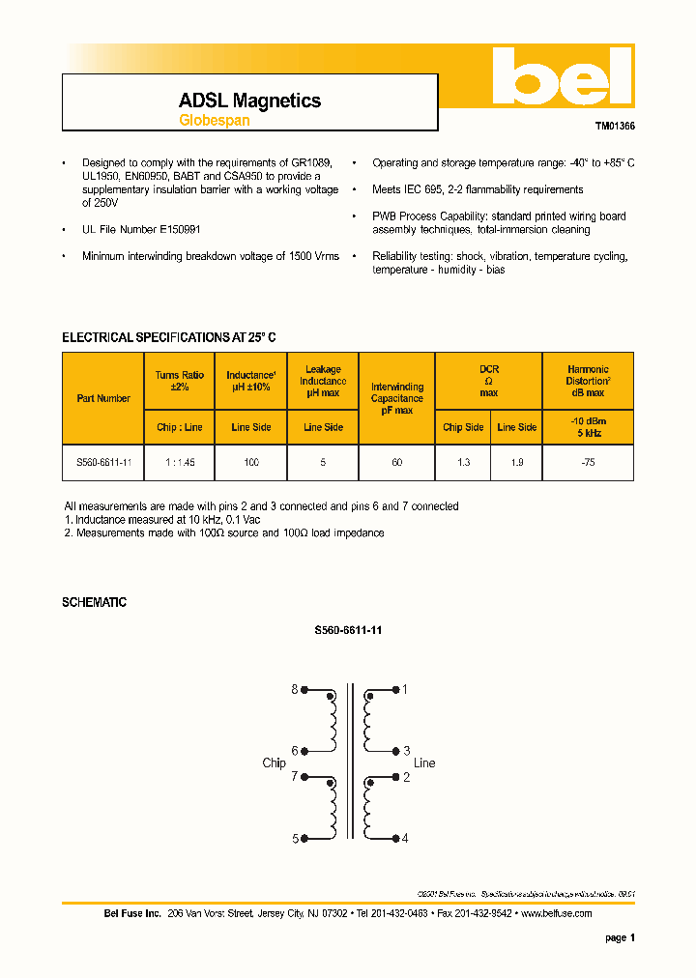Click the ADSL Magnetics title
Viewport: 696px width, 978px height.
point(249,101)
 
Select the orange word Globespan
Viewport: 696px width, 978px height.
point(214,121)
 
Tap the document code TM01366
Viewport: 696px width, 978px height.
point(614,127)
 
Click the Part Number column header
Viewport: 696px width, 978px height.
point(103,398)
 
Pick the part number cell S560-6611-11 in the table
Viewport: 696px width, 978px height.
point(103,463)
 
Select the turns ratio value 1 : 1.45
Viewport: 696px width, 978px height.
point(180,463)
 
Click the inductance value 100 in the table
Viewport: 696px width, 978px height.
point(251,463)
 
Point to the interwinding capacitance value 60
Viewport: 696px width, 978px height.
point(397,463)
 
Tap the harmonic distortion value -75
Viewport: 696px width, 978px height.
point(587,463)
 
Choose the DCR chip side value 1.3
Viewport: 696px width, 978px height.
point(464,463)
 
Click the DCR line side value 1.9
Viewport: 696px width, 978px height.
point(517,463)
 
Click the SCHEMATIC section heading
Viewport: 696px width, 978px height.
point(94,602)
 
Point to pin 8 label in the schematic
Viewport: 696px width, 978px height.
point(294,690)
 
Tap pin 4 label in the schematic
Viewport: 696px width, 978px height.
point(405,838)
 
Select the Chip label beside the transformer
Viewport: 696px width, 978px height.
point(274,762)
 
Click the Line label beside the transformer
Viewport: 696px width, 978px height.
point(424,762)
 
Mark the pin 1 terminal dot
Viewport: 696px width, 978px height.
point(395,690)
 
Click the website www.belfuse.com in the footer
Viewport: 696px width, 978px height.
point(557,913)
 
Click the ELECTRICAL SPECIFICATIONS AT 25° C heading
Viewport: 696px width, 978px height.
point(169,337)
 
